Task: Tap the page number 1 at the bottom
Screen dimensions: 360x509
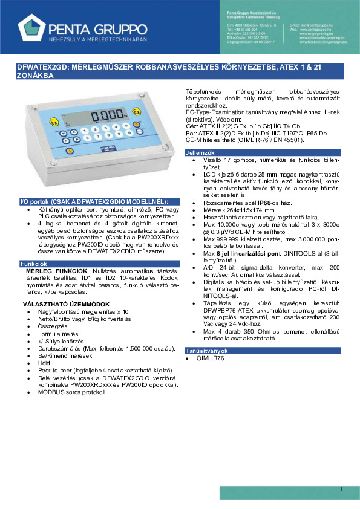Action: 341,489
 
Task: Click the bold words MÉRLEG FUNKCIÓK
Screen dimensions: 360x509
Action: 48,271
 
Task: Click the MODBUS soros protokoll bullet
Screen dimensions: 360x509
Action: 74,392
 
